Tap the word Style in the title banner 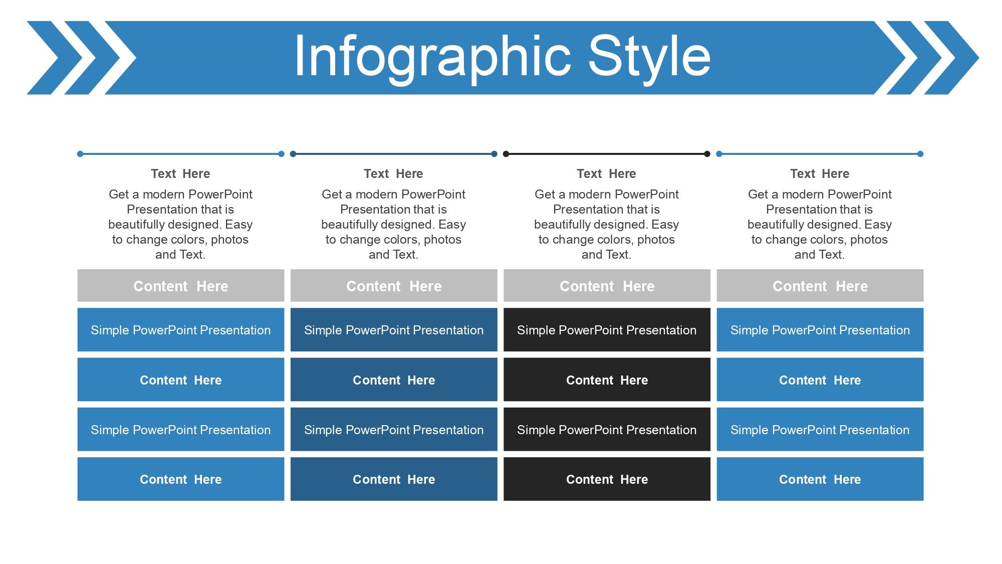tap(649, 57)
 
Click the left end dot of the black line tap(506, 154)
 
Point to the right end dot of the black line tap(707, 154)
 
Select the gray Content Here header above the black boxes tap(607, 286)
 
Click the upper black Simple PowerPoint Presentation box tap(607, 330)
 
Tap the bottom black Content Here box tap(607, 479)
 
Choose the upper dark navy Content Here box tap(394, 380)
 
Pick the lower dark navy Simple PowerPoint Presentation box tap(394, 430)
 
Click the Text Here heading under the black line tap(606, 173)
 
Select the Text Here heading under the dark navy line tap(393, 173)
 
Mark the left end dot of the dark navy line tap(293, 154)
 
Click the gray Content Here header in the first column tap(181, 286)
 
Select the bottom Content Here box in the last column tap(820, 479)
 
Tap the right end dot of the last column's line tap(920, 154)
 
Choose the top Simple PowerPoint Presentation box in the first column tap(181, 330)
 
